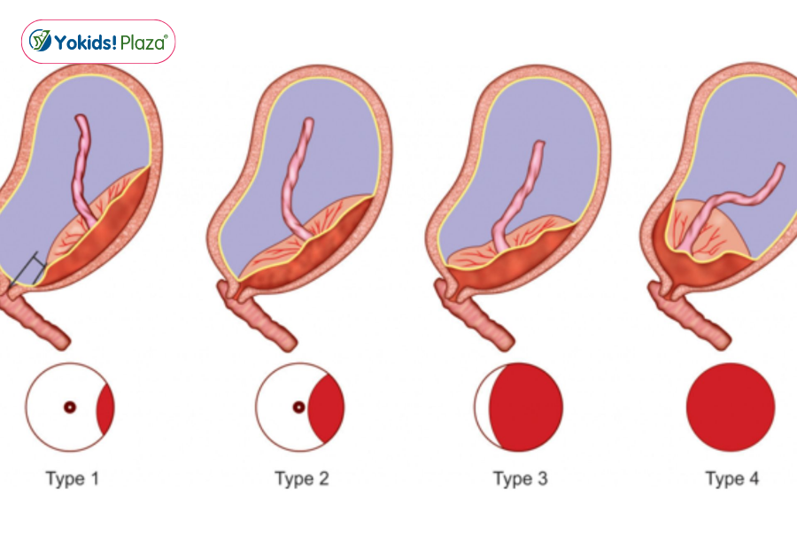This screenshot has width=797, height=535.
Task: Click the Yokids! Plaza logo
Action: pyautogui.click(x=98, y=42)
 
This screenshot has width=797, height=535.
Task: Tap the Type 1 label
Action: pyautogui.click(x=73, y=479)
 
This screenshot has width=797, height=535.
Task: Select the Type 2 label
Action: pyautogui.click(x=302, y=479)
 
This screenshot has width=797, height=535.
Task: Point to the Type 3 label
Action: pyautogui.click(x=521, y=479)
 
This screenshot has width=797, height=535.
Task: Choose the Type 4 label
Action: pyautogui.click(x=732, y=479)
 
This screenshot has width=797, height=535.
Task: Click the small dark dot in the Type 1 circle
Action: pyautogui.click(x=70, y=407)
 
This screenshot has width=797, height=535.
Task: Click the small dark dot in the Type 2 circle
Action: pyautogui.click(x=299, y=407)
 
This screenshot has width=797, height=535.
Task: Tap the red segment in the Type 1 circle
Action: pyautogui.click(x=107, y=408)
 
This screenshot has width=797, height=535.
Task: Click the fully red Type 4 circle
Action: pyautogui.click(x=731, y=407)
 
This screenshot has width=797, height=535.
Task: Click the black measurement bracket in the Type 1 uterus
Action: pyautogui.click(x=28, y=269)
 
